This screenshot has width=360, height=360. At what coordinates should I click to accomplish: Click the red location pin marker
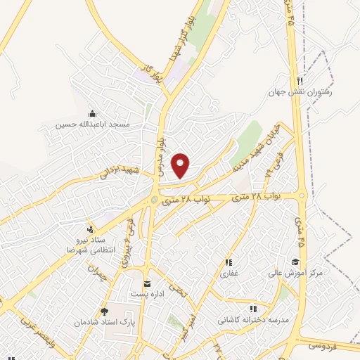pyautogui.click(x=181, y=165)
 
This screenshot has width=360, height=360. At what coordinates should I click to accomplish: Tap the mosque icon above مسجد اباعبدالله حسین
pyautogui.click(x=92, y=114)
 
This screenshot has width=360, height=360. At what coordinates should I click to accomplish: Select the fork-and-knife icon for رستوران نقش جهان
pyautogui.click(x=300, y=80)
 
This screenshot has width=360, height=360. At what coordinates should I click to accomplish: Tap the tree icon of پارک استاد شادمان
pyautogui.click(x=105, y=311)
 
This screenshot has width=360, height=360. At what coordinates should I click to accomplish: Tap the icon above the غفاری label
pyautogui.click(x=229, y=262)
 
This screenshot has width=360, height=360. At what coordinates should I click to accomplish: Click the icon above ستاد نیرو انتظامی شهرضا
pyautogui.click(x=89, y=229)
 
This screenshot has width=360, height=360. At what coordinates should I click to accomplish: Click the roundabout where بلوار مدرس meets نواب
pyautogui.click(x=154, y=201)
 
